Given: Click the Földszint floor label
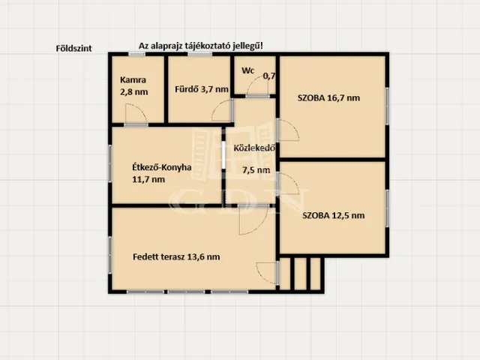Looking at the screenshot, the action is (x=73, y=48).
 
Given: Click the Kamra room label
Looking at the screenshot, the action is (x=133, y=80).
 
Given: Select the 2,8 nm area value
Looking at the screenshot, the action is (x=133, y=91).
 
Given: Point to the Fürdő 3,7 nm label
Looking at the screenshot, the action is (x=202, y=89).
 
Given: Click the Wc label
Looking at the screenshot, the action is (x=248, y=70).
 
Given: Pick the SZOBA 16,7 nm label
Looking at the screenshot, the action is (x=328, y=98).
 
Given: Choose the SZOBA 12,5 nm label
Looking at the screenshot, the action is (x=333, y=215).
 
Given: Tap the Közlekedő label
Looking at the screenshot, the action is (x=254, y=148).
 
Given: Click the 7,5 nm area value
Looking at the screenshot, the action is (x=256, y=170).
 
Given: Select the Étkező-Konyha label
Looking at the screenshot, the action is (x=162, y=167).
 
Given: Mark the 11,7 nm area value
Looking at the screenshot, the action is (x=148, y=179).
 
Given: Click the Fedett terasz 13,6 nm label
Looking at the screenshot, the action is (x=176, y=256).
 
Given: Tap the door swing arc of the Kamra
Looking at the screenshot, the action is (x=142, y=109).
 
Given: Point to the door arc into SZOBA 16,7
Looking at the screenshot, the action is (x=294, y=125).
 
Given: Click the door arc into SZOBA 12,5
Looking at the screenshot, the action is (x=294, y=178).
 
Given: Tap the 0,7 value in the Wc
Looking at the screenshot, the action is (x=269, y=76).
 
